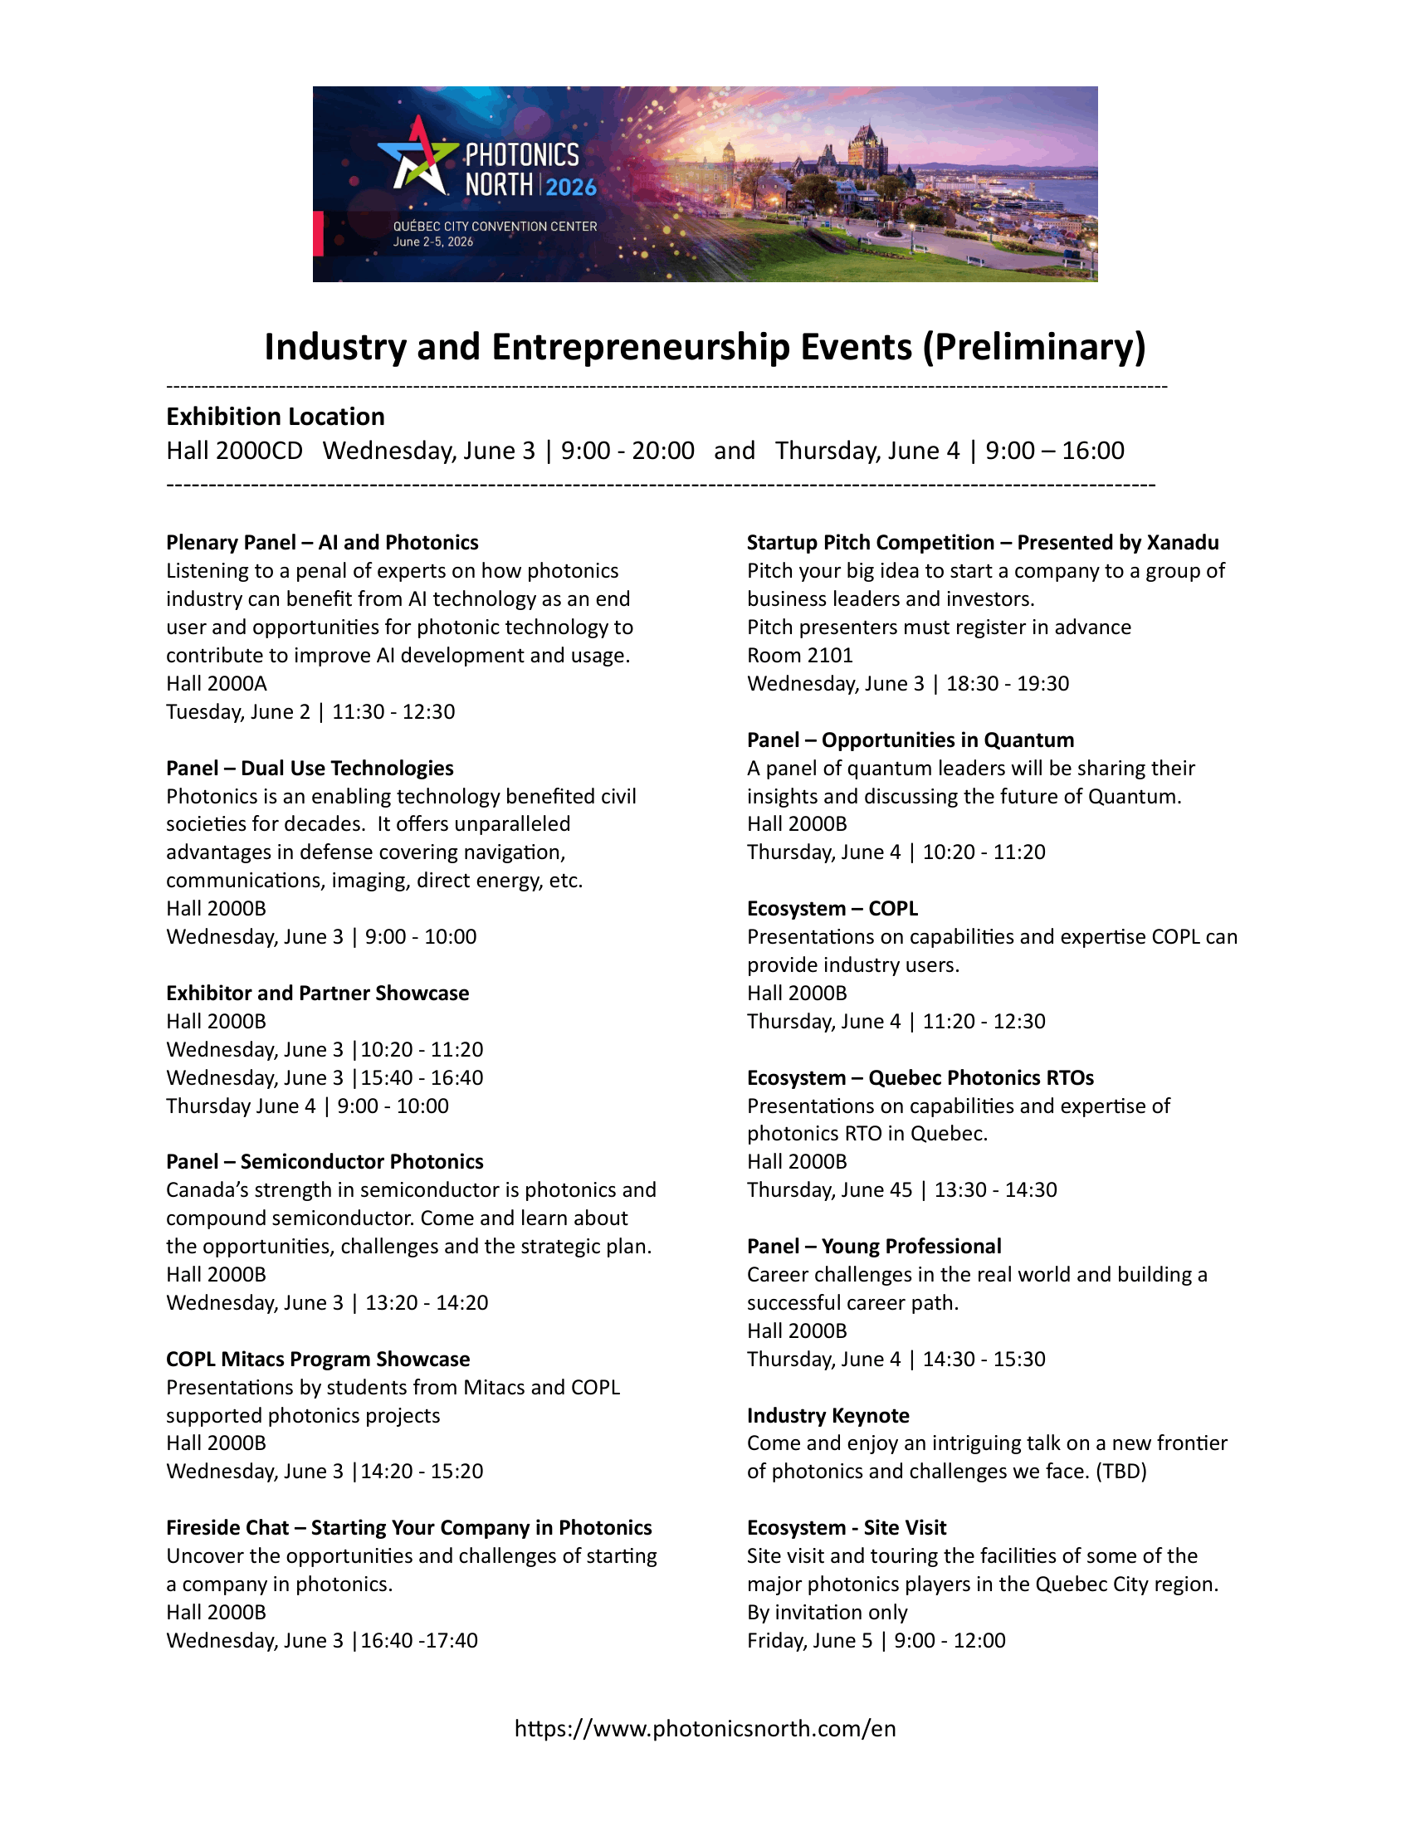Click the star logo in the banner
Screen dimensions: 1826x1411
tap(418, 156)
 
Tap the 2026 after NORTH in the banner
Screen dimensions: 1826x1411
tap(572, 187)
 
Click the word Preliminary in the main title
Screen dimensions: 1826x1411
tap(1034, 347)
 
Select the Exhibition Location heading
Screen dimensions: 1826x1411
tap(275, 417)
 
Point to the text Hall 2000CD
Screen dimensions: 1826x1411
tap(234, 451)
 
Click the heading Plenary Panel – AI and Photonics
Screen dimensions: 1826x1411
tap(322, 543)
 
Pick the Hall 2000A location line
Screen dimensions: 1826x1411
tap(217, 683)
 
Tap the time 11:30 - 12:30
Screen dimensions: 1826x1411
tap(393, 711)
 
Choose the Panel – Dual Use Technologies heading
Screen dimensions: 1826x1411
tap(310, 768)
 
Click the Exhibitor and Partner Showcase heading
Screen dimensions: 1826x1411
tap(318, 993)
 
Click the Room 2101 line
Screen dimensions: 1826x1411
tap(800, 655)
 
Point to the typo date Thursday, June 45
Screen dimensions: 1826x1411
tap(829, 1189)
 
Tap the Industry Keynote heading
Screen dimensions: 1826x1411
tap(828, 1414)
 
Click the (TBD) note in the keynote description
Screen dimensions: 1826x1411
tap(1121, 1471)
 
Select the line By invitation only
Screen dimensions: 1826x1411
tap(827, 1612)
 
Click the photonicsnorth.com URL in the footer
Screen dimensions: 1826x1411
tap(705, 1728)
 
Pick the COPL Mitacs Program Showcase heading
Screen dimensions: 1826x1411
tap(318, 1359)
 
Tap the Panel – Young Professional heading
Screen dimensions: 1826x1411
tap(873, 1246)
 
